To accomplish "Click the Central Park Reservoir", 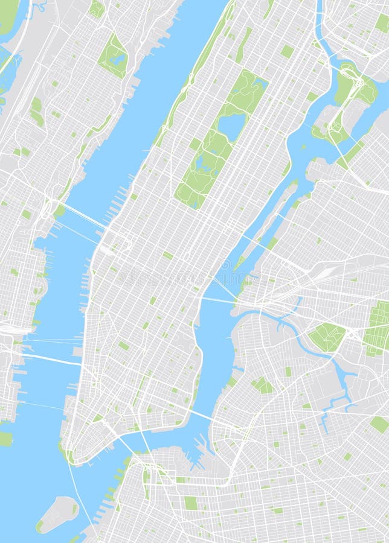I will pos(232,125).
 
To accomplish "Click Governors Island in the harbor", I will pos(57,514).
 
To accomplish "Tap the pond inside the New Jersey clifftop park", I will pos(117,59).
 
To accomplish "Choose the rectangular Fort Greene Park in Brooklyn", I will pos(191,503).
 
